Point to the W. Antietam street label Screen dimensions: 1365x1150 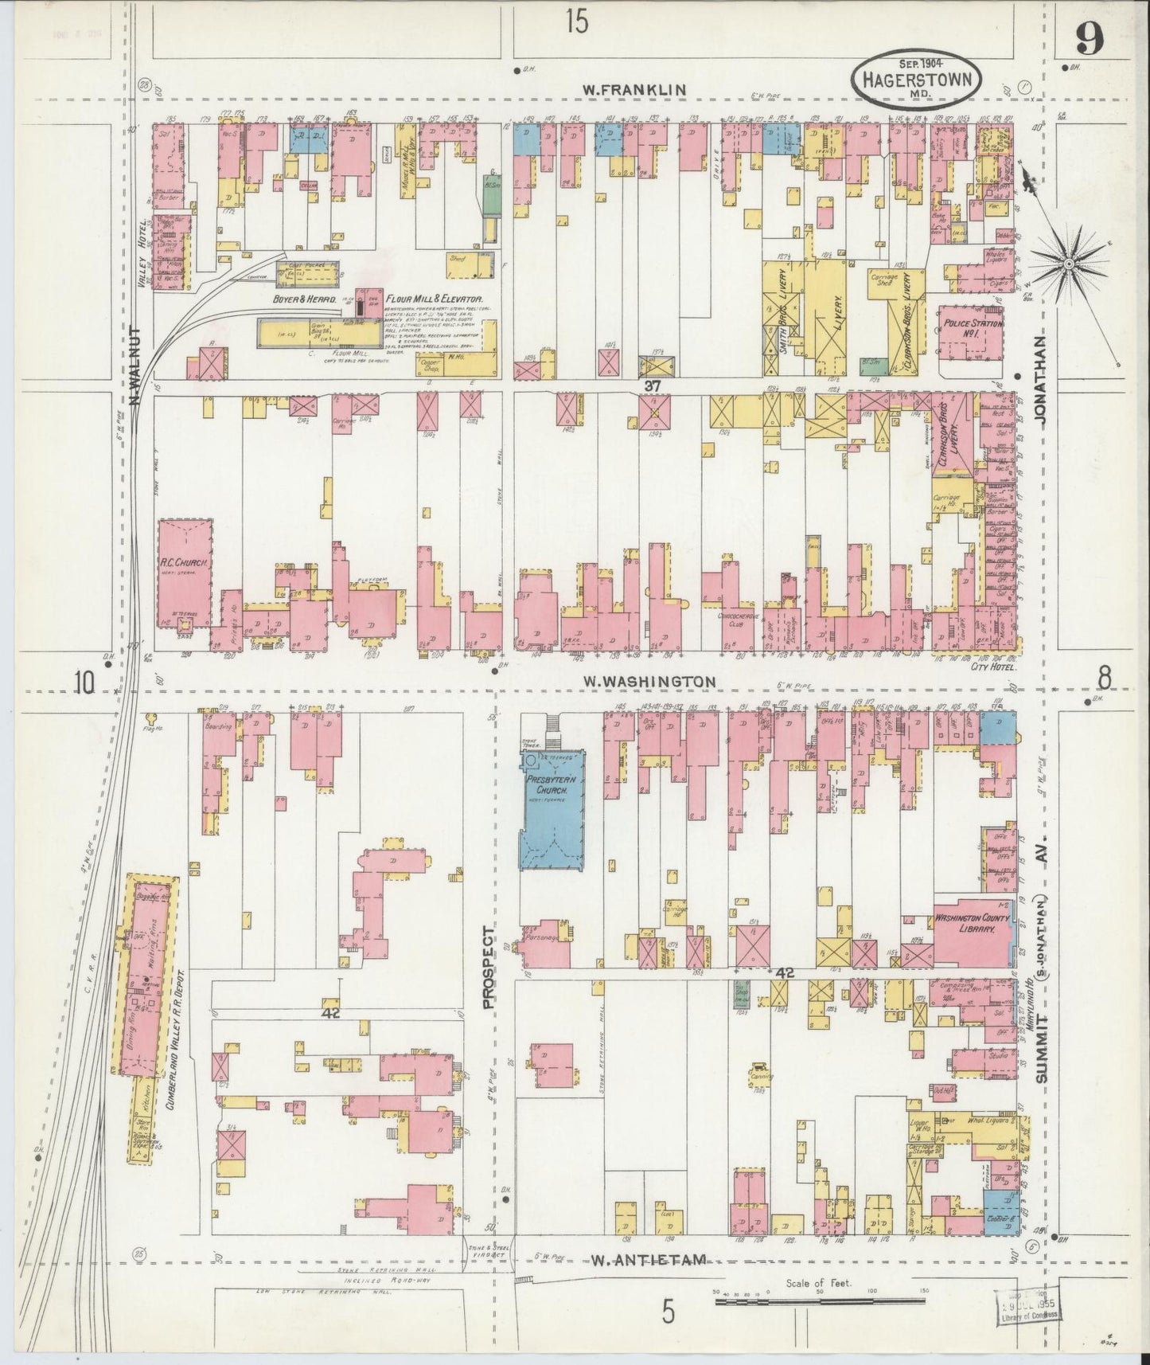coord(649,1281)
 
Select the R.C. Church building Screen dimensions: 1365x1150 coord(185,571)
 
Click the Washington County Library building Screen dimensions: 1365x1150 coord(970,929)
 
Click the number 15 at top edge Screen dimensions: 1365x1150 coord(578,22)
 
